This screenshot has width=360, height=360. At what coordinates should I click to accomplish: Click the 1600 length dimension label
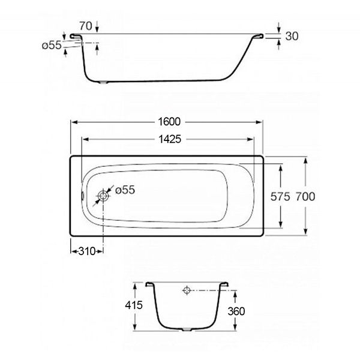click(169, 122)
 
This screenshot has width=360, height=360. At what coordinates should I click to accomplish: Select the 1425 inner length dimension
click(170, 139)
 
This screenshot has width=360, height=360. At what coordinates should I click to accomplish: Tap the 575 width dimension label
click(280, 197)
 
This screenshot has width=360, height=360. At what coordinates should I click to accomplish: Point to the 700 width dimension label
click(305, 197)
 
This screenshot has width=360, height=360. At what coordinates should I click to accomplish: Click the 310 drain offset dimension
click(87, 251)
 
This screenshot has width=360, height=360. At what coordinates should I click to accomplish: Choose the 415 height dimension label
click(134, 305)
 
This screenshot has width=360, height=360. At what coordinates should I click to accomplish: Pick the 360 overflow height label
click(236, 311)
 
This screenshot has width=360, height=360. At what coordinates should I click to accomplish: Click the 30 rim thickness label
click(292, 36)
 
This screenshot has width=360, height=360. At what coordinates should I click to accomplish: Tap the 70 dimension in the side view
click(86, 26)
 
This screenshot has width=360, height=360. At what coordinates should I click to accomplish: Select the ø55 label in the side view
click(52, 45)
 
